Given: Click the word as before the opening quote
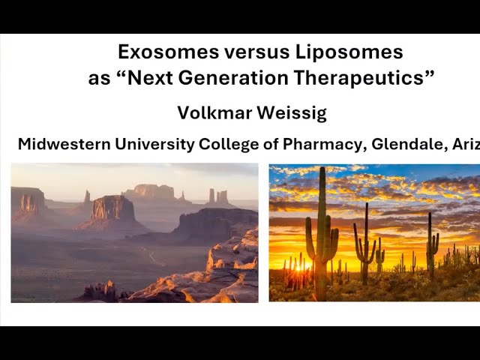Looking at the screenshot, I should point(99,78).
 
